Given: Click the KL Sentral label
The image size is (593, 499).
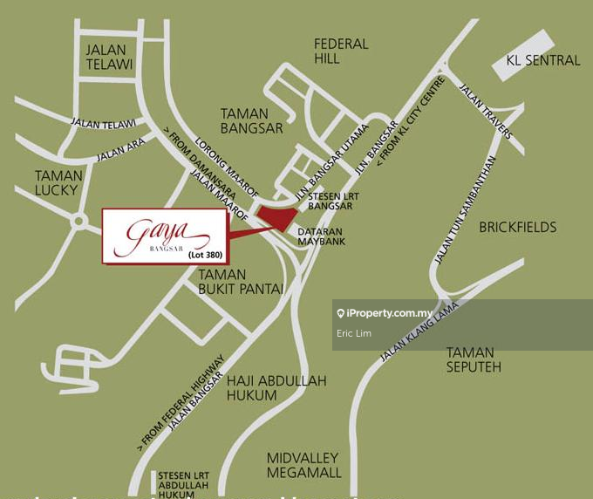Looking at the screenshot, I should click(x=542, y=60).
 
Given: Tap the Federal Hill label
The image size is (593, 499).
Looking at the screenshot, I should click(x=341, y=51).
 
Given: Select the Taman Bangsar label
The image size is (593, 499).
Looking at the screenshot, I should click(x=252, y=120).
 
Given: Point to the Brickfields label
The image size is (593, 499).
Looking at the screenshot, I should click(x=517, y=227).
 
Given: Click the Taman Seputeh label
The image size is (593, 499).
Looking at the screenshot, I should click(x=474, y=359).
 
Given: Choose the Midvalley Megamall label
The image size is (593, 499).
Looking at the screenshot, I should click(x=304, y=465).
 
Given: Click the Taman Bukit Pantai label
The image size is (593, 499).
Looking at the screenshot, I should click(x=240, y=282).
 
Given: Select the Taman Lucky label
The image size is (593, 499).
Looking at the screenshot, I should click(x=58, y=182).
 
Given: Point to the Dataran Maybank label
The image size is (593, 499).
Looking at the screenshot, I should click(x=322, y=236).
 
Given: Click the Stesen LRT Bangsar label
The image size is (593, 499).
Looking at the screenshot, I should click(x=332, y=202).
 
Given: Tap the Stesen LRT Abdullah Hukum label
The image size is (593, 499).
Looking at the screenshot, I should click(x=183, y=485).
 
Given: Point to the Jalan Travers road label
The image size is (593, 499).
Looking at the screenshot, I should click(x=487, y=112).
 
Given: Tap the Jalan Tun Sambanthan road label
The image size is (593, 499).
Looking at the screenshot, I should click(x=465, y=210).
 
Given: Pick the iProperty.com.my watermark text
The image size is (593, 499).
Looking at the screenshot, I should click(x=390, y=313).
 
